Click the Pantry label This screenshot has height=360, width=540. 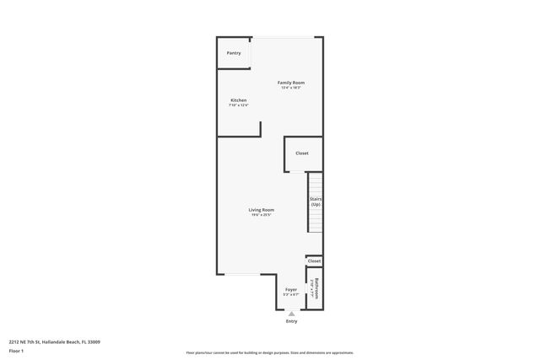(234, 53)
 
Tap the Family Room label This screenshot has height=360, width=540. (290, 82)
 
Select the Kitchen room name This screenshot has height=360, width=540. (239, 100)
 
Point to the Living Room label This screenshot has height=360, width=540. (261, 210)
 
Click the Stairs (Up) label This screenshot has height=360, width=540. (315, 202)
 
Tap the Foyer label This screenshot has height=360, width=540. (291, 289)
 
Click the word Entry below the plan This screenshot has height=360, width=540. (292, 320)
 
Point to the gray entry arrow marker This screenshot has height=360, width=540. (292, 313)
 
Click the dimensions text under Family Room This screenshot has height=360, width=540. (290, 88)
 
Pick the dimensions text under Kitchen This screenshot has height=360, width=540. (239, 105)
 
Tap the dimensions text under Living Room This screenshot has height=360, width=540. (261, 215)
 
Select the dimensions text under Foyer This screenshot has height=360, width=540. (291, 294)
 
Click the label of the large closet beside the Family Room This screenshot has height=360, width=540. (301, 153)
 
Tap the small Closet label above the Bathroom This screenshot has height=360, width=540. (314, 261)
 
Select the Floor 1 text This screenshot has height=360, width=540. (17, 350)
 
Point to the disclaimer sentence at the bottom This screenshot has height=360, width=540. (269, 352)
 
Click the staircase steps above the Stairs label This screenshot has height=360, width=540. (315, 183)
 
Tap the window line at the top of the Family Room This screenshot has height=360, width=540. (283, 37)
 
